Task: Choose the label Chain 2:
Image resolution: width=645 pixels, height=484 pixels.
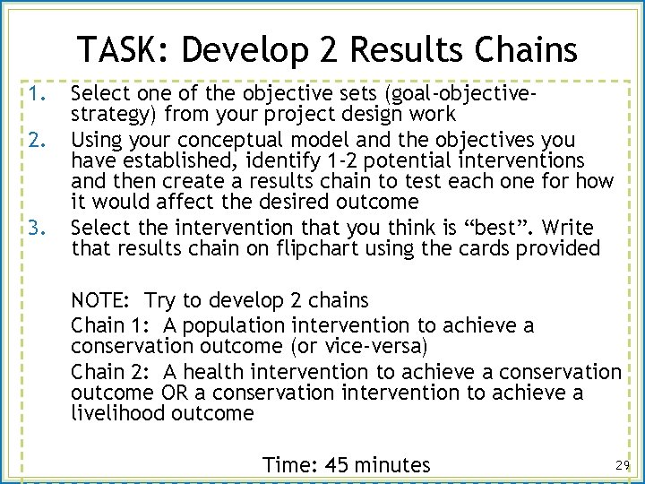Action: point(108,372)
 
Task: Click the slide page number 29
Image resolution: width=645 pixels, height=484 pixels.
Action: point(623,464)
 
